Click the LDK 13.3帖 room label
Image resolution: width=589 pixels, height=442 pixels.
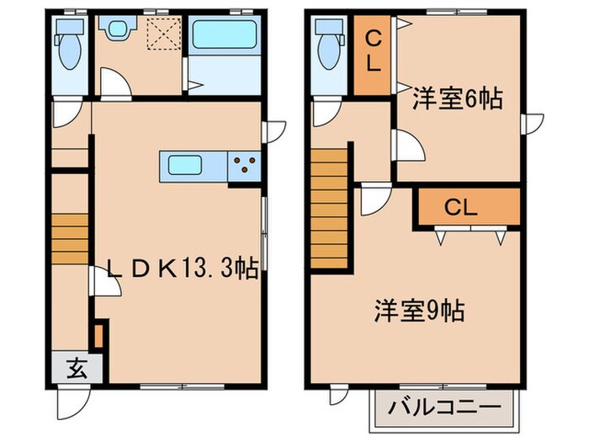coord(181,269)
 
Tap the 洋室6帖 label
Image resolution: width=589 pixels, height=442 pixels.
coord(457,100)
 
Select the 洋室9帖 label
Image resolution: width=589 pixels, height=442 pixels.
coord(419,312)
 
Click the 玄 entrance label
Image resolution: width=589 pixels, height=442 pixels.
coord(76,368)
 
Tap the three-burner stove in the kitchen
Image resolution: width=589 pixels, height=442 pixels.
coord(246,166)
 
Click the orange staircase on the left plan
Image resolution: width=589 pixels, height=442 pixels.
coord(70,238)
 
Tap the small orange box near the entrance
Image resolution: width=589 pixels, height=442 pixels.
coord(98,334)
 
